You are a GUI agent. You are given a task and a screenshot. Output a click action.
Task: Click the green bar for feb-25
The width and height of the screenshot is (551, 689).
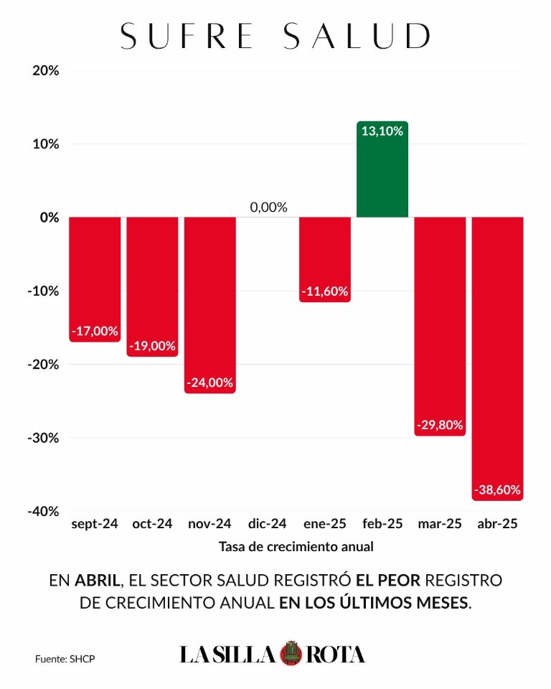[x=382, y=169]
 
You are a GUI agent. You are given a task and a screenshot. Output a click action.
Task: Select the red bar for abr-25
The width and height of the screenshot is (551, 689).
[x=497, y=359]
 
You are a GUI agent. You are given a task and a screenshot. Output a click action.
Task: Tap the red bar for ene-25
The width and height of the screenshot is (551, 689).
[x=325, y=260]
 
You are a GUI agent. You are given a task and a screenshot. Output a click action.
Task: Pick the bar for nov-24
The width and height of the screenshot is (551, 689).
[x=209, y=306]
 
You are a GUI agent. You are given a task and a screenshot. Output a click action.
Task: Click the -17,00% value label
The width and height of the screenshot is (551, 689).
[x=95, y=331]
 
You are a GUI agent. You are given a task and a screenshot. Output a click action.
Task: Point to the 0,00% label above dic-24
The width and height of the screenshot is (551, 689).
[x=268, y=207]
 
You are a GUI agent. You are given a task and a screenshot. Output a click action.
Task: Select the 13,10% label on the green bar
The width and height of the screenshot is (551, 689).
[x=382, y=131]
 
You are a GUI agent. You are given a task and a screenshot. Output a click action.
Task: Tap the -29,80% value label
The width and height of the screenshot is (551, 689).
[x=440, y=425]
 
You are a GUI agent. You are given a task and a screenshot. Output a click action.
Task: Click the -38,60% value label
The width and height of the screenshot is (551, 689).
[x=497, y=489]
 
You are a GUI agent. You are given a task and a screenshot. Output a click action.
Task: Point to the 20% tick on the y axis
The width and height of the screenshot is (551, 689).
[x=46, y=70]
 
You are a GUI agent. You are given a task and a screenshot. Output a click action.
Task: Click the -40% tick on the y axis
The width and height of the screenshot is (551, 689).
[x=43, y=511]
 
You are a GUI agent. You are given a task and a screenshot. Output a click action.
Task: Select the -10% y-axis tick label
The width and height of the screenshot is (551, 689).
[x=43, y=291]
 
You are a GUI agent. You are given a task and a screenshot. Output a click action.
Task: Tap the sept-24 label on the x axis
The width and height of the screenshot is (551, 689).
[x=95, y=524]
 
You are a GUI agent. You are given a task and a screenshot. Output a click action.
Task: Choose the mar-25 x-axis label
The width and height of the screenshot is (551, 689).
[x=440, y=524]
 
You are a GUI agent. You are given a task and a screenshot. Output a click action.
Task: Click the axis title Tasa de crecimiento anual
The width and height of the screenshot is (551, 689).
[x=296, y=547]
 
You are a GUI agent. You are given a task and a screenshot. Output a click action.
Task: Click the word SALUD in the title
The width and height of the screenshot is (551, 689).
[x=357, y=36]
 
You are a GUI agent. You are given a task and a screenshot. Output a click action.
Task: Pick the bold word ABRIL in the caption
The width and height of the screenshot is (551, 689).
[x=97, y=581]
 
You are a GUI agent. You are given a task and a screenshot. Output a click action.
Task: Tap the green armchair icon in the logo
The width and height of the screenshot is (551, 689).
[x=290, y=653]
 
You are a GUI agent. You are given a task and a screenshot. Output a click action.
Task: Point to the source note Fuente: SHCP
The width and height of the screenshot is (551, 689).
[x=65, y=659]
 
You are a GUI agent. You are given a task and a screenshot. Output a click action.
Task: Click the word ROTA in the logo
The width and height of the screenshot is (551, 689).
[x=335, y=655]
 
